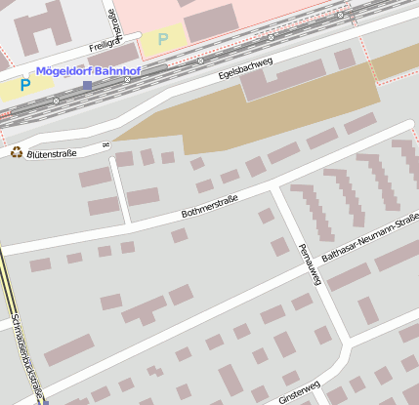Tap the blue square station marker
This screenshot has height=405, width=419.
click(87, 85)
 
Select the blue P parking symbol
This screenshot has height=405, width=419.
click(25, 85)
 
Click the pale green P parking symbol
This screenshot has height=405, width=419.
click(163, 39)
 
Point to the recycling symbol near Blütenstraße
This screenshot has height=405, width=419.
click(16, 151)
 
